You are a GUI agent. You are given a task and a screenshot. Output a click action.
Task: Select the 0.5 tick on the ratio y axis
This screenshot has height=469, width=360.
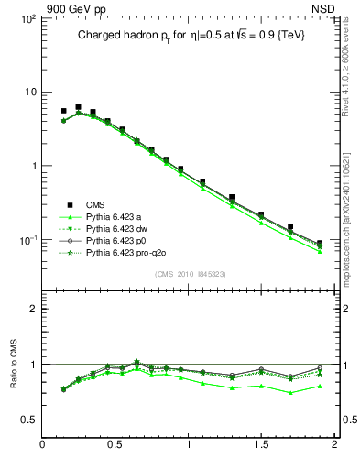pos(27,420)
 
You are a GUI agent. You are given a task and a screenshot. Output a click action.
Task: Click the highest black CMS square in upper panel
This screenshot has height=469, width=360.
pos(78,107)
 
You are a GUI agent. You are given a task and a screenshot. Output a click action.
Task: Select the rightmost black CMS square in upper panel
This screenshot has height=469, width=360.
pos(319,244)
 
